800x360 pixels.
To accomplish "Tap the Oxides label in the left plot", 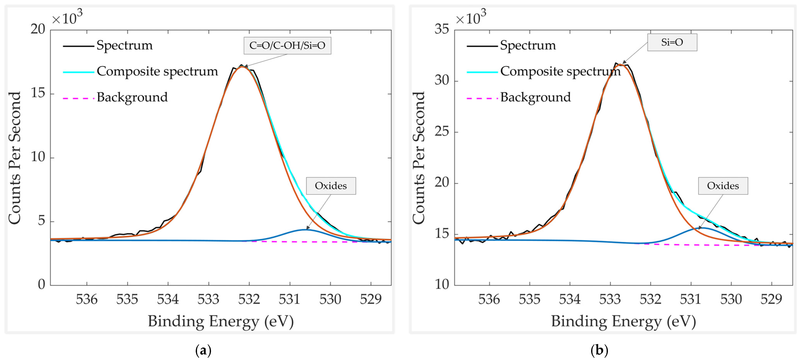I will click(x=331, y=186).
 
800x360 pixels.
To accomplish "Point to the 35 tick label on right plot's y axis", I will click(x=442, y=29).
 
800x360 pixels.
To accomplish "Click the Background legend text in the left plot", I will click(x=132, y=97).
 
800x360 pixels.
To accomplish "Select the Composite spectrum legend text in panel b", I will click(x=560, y=71).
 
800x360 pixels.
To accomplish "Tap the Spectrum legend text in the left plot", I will click(x=125, y=45).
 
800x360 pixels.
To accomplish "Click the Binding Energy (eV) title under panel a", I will click(x=221, y=321).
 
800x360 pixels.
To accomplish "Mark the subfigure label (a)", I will click(x=203, y=350).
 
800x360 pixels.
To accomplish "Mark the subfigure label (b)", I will click(x=599, y=350).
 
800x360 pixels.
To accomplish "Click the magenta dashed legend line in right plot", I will click(x=482, y=98).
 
